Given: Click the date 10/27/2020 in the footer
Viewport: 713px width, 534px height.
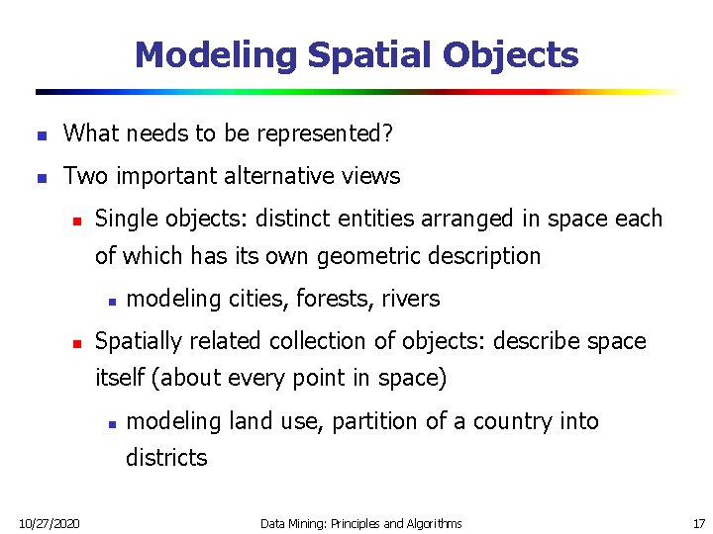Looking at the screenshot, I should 49,522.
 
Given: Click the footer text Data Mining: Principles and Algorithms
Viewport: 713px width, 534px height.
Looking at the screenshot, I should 360,522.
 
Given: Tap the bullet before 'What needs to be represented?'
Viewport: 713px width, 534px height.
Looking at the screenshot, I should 39,133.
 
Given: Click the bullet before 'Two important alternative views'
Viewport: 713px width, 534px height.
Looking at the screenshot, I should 39,178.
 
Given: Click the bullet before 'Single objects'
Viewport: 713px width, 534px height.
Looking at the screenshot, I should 73,220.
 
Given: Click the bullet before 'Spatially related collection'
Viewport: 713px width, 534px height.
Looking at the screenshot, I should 73,342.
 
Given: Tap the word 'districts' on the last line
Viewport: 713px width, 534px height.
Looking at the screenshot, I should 166,458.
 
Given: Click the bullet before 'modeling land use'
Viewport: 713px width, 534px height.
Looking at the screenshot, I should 113,423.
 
